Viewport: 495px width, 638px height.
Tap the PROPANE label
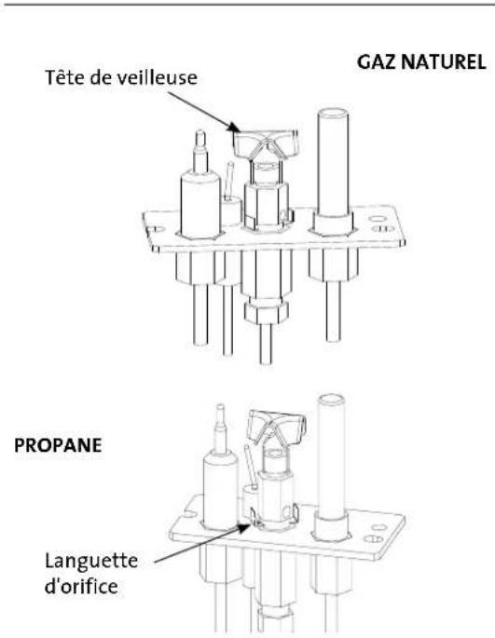58,445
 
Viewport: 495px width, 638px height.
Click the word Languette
91,563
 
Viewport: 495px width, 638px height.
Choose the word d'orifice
81,587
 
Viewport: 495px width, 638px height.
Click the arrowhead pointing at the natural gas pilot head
234,128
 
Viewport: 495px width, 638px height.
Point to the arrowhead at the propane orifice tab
242,528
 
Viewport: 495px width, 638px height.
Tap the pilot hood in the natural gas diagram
265,144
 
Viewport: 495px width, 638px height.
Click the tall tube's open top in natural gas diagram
333,114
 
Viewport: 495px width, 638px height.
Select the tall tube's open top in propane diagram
331,400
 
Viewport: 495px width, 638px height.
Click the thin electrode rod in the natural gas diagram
229,180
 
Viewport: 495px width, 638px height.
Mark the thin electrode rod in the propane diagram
250,467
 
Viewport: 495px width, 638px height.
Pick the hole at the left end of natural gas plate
159,229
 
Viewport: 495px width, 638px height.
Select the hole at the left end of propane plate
189,514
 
